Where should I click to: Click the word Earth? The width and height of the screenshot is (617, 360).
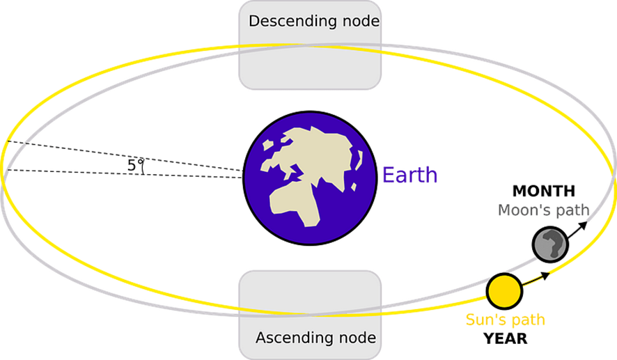409,175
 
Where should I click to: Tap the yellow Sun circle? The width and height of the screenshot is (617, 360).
504,291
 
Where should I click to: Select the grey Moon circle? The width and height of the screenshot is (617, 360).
550,244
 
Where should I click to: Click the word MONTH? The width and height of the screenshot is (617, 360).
544,191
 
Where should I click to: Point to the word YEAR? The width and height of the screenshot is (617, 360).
506,338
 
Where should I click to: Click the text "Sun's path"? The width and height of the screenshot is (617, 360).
506,320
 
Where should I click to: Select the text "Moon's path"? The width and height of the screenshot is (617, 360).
543,210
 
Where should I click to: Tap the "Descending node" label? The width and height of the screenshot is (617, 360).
314,22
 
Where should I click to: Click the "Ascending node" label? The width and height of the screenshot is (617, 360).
315,338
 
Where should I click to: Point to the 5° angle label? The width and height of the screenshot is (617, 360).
134,165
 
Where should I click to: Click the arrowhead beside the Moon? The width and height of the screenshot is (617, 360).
584,225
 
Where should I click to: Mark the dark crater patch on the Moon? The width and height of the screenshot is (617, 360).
552,244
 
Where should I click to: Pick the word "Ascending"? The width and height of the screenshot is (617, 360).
292,338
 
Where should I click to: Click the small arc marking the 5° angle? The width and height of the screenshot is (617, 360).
142,167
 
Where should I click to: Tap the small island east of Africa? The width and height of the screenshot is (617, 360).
354,187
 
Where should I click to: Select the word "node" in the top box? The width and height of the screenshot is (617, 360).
361,22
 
